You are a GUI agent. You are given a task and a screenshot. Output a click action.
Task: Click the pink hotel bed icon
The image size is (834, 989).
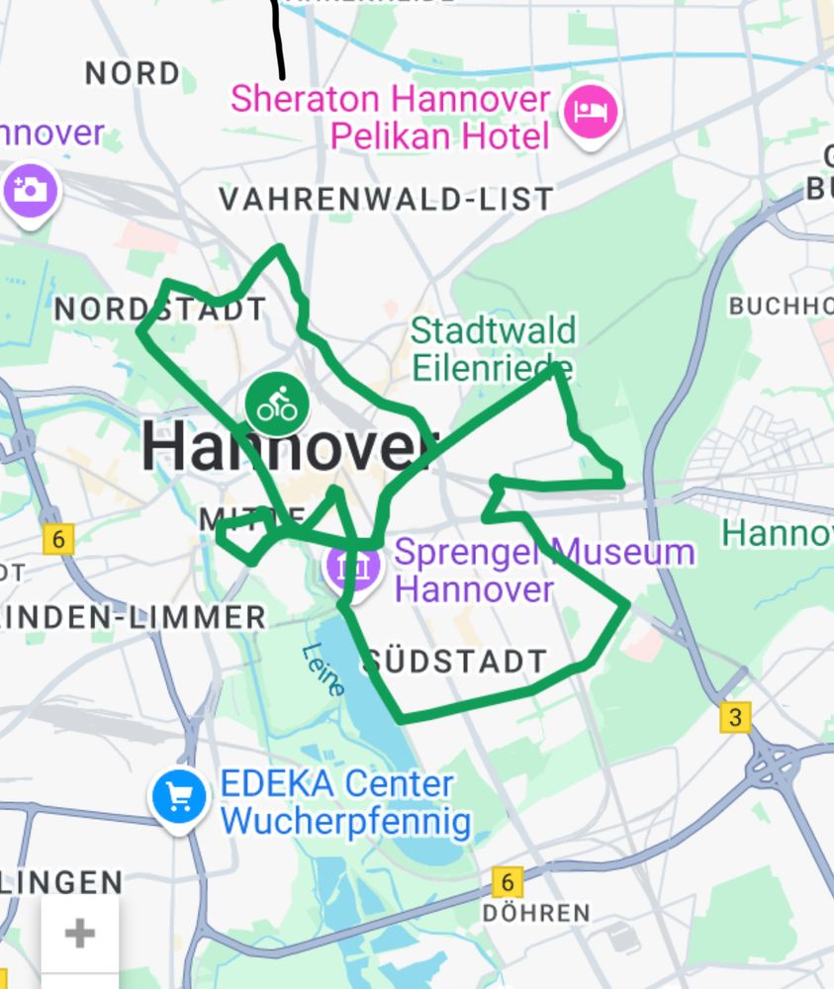tap(591, 111)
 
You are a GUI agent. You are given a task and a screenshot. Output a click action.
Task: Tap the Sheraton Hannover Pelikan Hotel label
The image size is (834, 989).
tap(390, 117)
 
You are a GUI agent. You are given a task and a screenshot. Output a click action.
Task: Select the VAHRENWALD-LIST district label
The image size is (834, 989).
tap(386, 200)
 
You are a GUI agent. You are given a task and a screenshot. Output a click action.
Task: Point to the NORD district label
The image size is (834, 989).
tap(133, 73)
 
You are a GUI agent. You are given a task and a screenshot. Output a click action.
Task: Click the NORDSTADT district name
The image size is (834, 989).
tap(160, 310)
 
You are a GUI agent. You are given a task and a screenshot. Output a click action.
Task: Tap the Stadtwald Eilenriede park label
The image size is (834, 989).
tap(493, 348)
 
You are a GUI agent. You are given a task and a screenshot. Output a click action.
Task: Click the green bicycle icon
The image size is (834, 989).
tap(277, 404)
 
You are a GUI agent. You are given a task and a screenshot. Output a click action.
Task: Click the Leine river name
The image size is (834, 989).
tap(324, 670)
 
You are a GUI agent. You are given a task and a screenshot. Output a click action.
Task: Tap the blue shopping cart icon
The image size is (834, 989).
tap(179, 796)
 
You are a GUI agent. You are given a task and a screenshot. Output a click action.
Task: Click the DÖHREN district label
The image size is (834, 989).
tap(536, 912)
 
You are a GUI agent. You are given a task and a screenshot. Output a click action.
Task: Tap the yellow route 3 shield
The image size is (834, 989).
tap(735, 716)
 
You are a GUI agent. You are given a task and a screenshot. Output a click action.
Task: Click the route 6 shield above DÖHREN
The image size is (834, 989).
tap(508, 881)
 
